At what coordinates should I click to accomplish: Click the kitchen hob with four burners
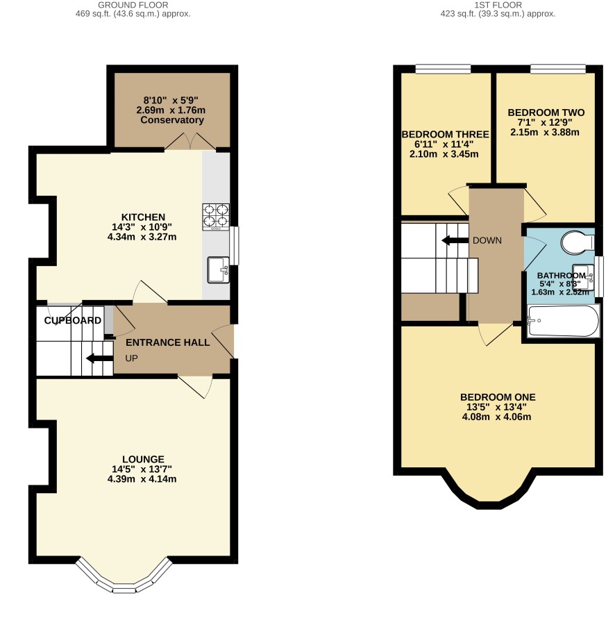click(216, 217)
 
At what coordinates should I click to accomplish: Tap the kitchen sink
click(218, 270)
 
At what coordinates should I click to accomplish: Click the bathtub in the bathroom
click(562, 321)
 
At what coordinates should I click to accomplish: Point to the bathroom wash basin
click(583, 277)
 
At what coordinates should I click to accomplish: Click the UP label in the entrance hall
click(131, 358)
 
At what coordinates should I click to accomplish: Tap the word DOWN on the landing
click(487, 240)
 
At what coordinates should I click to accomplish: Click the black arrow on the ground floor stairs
click(99, 358)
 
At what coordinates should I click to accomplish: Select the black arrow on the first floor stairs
click(455, 240)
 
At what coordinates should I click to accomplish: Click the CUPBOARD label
click(72, 320)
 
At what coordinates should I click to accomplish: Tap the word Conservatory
click(172, 120)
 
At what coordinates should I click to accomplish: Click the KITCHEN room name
click(143, 217)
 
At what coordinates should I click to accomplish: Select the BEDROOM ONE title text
click(498, 397)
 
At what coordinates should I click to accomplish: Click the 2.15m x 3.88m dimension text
click(544, 133)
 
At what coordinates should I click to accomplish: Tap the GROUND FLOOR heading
click(133, 5)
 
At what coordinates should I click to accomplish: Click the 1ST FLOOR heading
click(498, 5)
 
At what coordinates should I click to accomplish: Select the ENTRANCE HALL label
click(168, 342)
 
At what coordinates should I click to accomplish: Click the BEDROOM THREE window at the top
click(443, 69)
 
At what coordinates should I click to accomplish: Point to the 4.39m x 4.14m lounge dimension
click(142, 479)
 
